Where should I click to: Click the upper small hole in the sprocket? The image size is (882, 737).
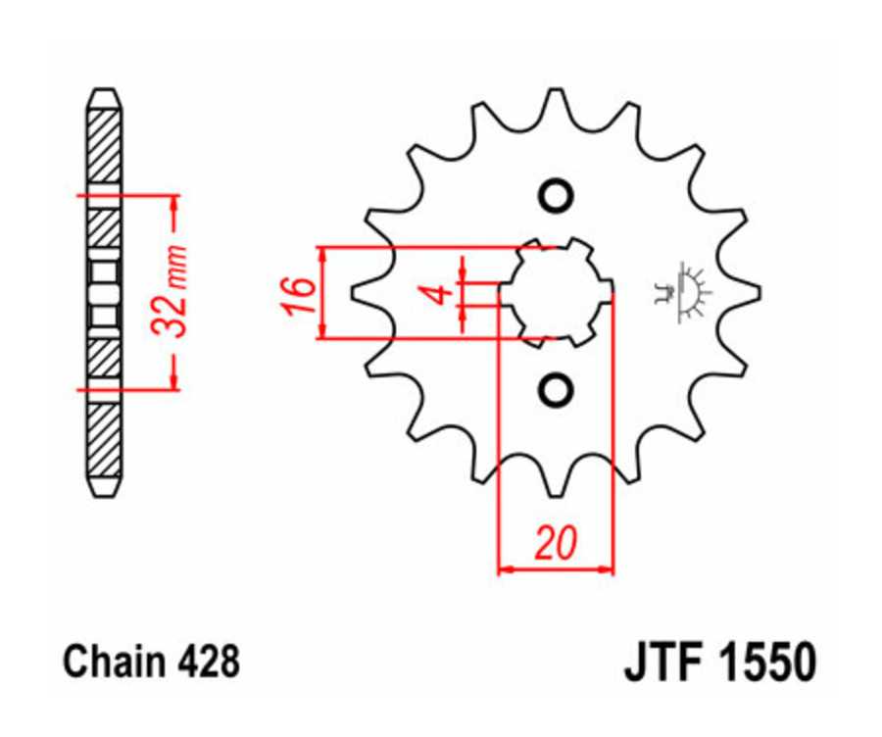pyautogui.click(x=556, y=195)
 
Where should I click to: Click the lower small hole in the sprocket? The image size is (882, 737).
pyautogui.click(x=556, y=389)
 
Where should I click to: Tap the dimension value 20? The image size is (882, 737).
pyautogui.click(x=556, y=542)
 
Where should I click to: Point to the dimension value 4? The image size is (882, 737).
pyautogui.click(x=441, y=292)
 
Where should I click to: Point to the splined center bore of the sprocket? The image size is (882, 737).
pyautogui.click(x=556, y=291)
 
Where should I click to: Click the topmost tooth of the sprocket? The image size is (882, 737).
pyautogui.click(x=555, y=95)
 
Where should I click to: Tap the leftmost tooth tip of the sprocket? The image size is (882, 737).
pyautogui.click(x=355, y=291)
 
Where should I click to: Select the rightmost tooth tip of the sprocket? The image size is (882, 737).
pyautogui.click(x=758, y=291)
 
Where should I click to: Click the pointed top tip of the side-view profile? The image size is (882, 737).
pyautogui.click(x=104, y=91)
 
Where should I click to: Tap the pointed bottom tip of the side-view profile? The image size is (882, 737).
pyautogui.click(x=104, y=493)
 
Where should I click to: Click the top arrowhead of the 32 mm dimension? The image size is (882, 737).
pyautogui.click(x=176, y=200)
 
